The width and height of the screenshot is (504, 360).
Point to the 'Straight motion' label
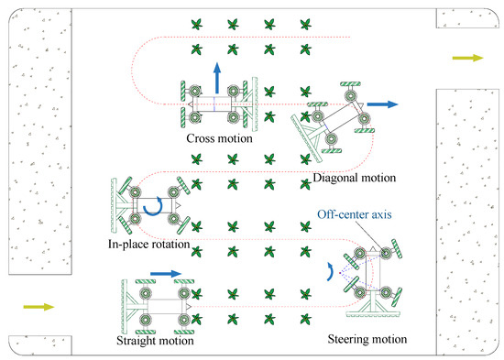(156, 341)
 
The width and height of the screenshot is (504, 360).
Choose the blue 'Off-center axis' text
(354, 215)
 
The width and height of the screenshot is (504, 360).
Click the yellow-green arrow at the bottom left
(36, 308)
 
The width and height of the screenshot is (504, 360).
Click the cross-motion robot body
(216, 104)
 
